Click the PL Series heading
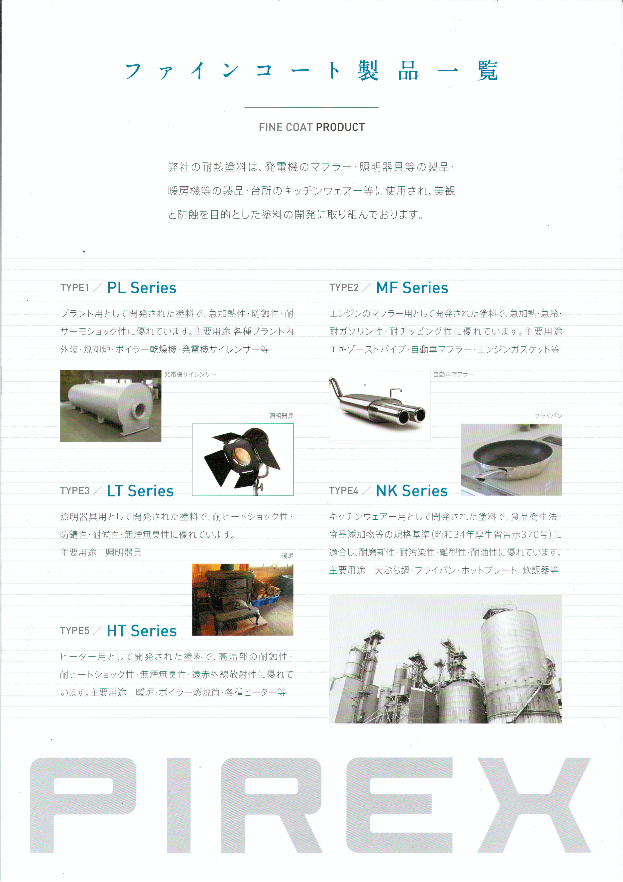pos(141,288)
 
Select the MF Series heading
pos(412,288)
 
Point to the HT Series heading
pos(141,631)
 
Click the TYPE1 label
pos(75,288)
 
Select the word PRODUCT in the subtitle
pos(340,127)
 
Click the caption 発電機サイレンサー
pos(190,374)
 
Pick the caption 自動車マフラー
pos(453,374)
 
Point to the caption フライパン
pos(548,416)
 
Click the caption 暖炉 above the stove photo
pos(287,556)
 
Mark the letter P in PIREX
pos(83,805)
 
